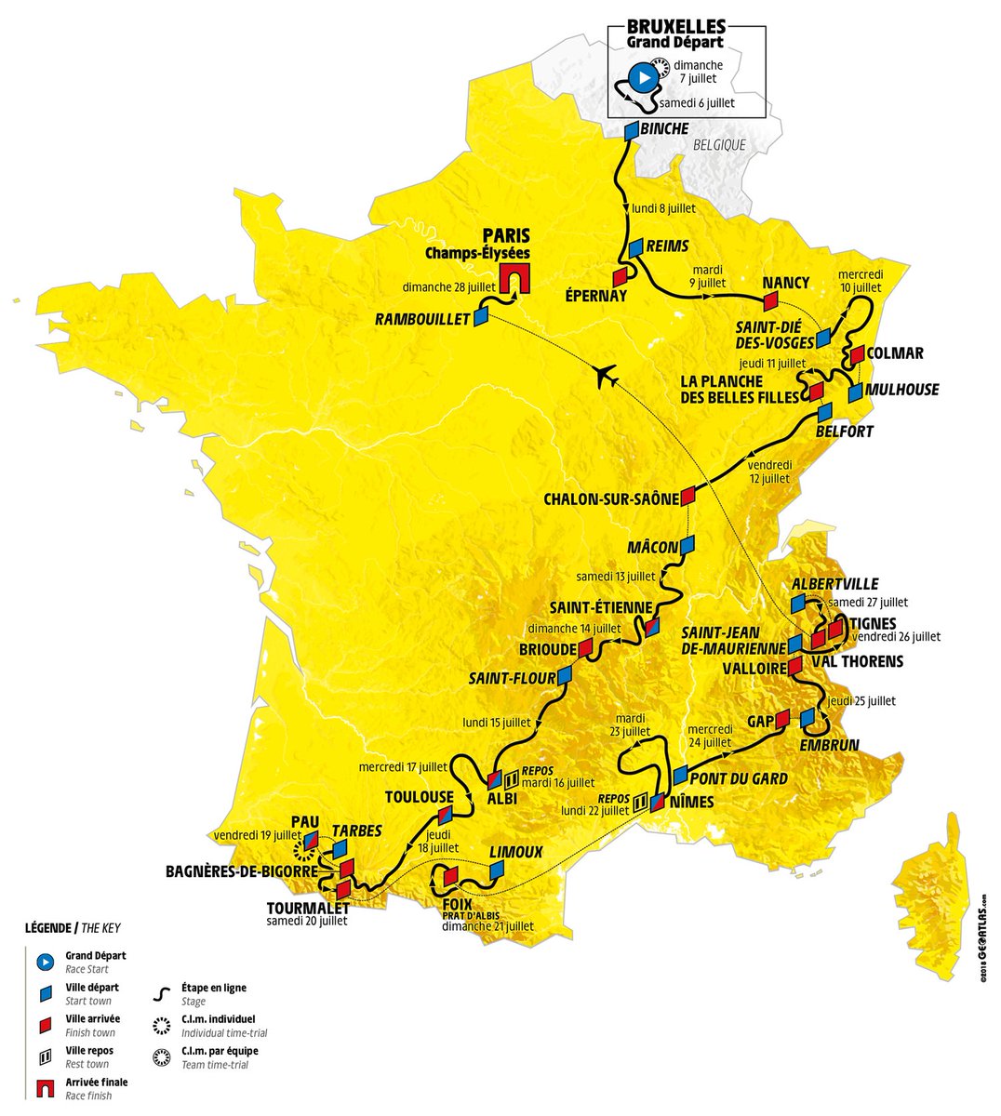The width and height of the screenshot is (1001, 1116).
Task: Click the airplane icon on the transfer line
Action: pyautogui.click(x=607, y=377)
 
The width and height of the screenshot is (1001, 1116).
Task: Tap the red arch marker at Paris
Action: pyautogui.click(x=510, y=278)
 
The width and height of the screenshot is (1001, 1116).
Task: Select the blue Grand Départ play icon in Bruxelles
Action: pyautogui.click(x=641, y=77)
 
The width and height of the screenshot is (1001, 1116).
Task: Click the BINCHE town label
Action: pyautogui.click(x=664, y=128)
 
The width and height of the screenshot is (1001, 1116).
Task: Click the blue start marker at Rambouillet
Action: pyautogui.click(x=481, y=317)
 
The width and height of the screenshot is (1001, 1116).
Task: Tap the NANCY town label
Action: pyautogui.click(x=785, y=283)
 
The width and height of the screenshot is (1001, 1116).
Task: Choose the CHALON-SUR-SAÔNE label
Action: pyautogui.click(x=611, y=499)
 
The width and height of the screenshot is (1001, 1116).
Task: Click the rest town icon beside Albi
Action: pyautogui.click(x=511, y=778)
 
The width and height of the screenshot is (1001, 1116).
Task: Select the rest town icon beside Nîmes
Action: pyautogui.click(x=641, y=800)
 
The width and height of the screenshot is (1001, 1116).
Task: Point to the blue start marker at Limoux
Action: pyautogui.click(x=496, y=870)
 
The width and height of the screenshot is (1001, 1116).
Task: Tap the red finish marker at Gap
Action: pyautogui.click(x=781, y=718)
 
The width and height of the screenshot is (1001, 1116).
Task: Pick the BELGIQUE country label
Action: pyautogui.click(x=719, y=145)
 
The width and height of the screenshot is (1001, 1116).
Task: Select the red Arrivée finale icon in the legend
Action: pyautogui.click(x=43, y=1088)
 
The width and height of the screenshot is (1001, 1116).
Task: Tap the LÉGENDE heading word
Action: pyautogui.click(x=48, y=927)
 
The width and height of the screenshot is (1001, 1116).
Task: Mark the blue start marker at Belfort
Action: pyautogui.click(x=824, y=413)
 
